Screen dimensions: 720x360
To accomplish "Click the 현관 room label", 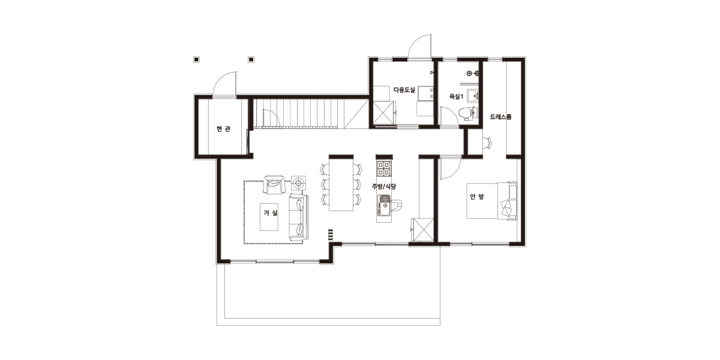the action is click(x=223, y=129).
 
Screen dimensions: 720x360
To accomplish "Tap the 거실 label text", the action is click(x=271, y=212).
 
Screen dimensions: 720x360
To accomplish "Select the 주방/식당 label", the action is click(x=384, y=187).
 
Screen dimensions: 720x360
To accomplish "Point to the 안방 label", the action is click(x=477, y=197).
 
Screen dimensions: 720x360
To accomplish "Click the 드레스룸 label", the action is click(x=500, y=116).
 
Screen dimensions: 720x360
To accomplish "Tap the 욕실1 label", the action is click(x=456, y=96).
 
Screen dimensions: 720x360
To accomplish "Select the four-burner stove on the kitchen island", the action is click(x=385, y=169).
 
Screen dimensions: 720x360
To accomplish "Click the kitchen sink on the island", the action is click(x=385, y=205).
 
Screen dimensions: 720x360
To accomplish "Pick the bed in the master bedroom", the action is click(x=492, y=201).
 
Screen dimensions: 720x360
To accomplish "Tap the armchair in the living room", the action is click(x=274, y=185).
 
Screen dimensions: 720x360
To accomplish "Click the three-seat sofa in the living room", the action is click(x=299, y=217).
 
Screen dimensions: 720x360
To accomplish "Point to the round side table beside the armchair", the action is click(x=299, y=184).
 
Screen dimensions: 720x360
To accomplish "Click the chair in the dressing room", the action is click(x=487, y=143).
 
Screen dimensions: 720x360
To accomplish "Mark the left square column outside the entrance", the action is click(x=196, y=59).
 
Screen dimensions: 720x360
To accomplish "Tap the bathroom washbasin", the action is click(x=473, y=96).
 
